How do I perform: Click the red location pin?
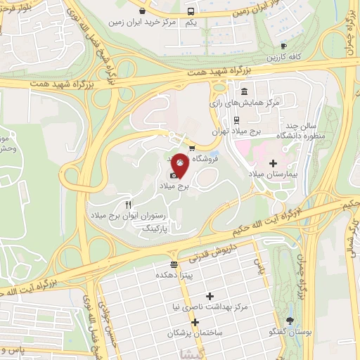180,165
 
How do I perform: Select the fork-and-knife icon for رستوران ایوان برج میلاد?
128,204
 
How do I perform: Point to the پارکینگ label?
157,229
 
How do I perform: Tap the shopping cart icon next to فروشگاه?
191,148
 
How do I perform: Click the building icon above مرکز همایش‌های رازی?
244,92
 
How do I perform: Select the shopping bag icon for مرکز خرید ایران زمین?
143,11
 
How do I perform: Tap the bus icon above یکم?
191,11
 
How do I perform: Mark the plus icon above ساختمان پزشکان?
195,321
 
